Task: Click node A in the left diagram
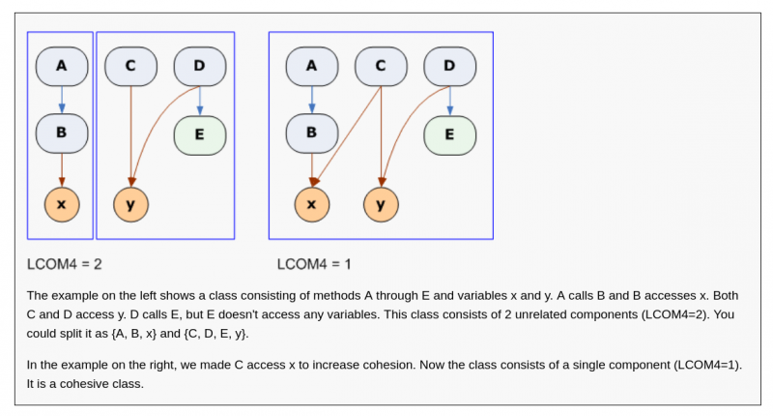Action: pos(61,66)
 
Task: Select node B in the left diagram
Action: pos(61,134)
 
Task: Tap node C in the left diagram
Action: pos(130,66)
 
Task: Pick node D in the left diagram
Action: pos(200,66)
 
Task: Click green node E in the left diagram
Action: pos(200,134)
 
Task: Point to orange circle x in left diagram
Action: pos(61,204)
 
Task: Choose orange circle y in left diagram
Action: pos(130,204)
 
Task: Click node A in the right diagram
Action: pos(311,66)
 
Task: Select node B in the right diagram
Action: pos(311,134)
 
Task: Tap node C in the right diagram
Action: pos(381,66)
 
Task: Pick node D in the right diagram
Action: pos(449,66)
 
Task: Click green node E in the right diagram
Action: pos(449,134)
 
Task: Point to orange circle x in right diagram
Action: pos(311,204)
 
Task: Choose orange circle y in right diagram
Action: pos(381,204)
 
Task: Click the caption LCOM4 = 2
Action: pos(65,263)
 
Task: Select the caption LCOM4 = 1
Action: pos(314,263)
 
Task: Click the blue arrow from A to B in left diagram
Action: pos(61,100)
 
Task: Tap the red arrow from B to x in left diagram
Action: pos(61,169)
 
